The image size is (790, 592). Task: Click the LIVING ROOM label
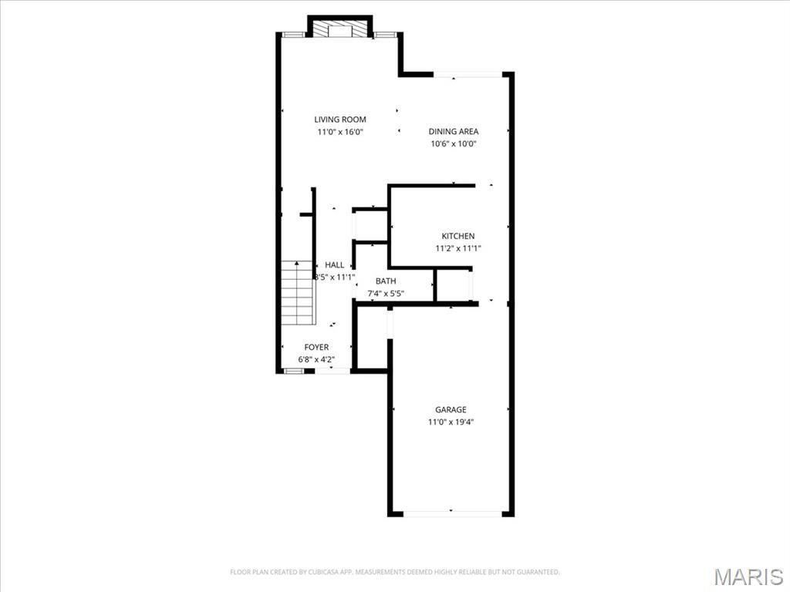(x=340, y=119)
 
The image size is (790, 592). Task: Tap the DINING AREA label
(x=454, y=131)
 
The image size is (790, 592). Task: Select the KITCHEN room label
(x=458, y=236)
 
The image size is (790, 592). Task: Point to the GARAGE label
(x=451, y=410)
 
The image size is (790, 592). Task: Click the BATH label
(x=386, y=281)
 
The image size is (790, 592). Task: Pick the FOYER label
(x=316, y=348)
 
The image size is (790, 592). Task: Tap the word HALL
(x=335, y=265)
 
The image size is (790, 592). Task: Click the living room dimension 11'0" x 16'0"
(x=340, y=132)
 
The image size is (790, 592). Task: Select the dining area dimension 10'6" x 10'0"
(x=454, y=143)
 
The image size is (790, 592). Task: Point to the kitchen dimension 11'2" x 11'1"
(x=458, y=248)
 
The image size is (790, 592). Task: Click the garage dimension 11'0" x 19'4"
(x=451, y=422)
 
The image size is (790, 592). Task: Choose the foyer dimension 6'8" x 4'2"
(x=316, y=359)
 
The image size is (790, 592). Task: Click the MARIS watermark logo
(x=748, y=577)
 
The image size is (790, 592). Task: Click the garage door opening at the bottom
(x=451, y=513)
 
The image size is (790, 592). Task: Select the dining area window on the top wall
(x=468, y=74)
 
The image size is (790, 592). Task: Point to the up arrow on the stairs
(x=297, y=264)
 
